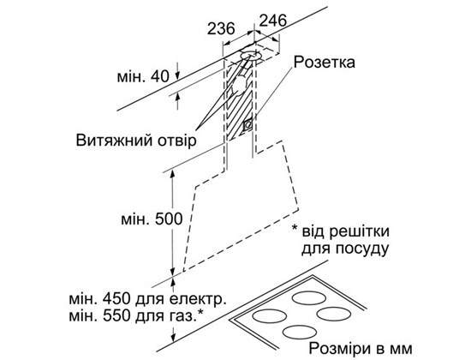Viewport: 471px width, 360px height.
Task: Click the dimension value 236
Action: click(221, 28)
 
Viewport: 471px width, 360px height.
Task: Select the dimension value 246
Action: click(272, 21)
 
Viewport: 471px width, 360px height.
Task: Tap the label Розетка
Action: click(324, 63)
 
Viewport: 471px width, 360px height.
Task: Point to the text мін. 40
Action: click(143, 76)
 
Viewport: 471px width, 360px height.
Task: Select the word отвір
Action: click(176, 141)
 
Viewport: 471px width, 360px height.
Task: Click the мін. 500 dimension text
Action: click(152, 219)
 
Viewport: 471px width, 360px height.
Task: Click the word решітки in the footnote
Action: click(360, 232)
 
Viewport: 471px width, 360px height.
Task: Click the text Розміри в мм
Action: click(361, 349)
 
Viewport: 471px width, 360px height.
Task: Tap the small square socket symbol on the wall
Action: click(247, 124)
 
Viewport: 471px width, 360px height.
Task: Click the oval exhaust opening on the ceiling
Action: click(251, 56)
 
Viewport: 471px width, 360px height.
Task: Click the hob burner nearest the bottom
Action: click(300, 333)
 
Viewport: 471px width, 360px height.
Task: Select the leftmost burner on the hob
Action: click(269, 316)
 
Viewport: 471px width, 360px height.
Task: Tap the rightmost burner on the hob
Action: click(334, 314)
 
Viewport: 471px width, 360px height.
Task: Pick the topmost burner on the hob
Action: click(309, 298)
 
